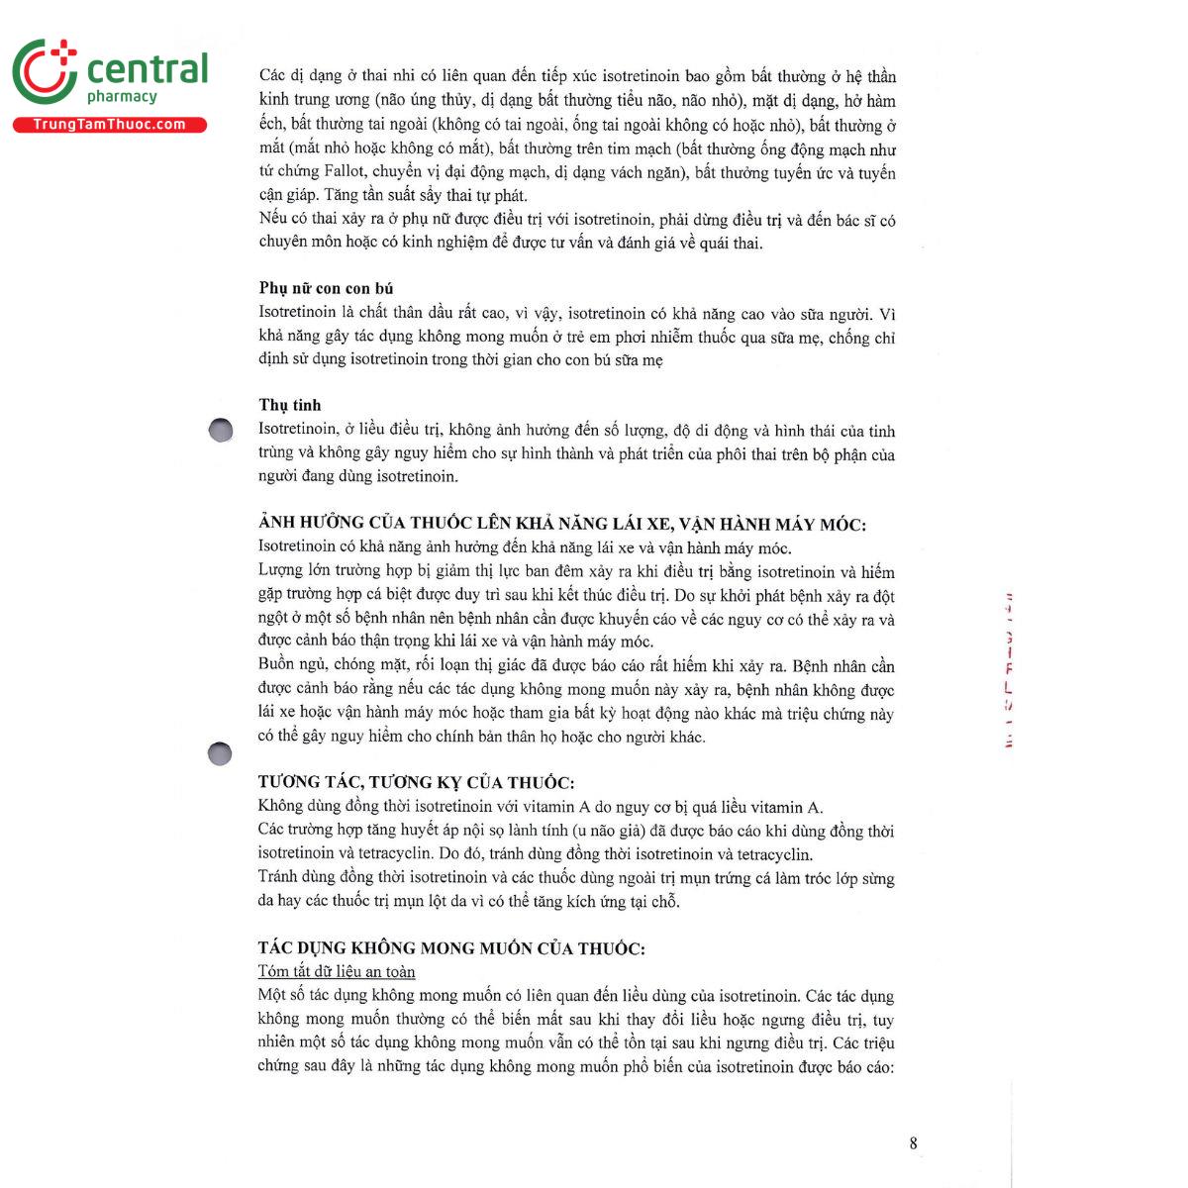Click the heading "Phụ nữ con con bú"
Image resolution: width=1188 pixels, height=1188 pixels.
pyautogui.click(x=327, y=288)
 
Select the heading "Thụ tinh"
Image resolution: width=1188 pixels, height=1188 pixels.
pyautogui.click(x=290, y=405)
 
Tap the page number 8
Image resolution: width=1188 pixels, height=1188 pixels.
pyautogui.click(x=913, y=1143)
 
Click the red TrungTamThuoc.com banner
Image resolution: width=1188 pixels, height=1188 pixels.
pyautogui.click(x=109, y=125)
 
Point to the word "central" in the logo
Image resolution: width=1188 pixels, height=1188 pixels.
pyautogui.click(x=148, y=69)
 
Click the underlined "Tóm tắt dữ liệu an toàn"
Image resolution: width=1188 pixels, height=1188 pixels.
pyautogui.click(x=337, y=972)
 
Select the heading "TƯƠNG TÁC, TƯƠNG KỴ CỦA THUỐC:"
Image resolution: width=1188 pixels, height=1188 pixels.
pyautogui.click(x=416, y=782)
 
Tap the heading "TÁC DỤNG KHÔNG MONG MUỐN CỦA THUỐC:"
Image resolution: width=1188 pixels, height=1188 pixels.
pyautogui.click(x=451, y=948)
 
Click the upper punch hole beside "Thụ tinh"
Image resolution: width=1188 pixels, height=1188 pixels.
pyautogui.click(x=221, y=429)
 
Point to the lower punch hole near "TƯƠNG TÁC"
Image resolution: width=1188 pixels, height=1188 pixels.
pyautogui.click(x=220, y=754)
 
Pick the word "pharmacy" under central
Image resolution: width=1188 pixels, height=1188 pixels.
pyautogui.click(x=122, y=97)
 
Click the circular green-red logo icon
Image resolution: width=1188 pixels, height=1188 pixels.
pyautogui.click(x=45, y=71)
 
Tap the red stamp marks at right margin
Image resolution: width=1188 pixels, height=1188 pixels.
pyautogui.click(x=1009, y=669)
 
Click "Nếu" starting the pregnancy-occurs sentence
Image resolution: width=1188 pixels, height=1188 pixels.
pyautogui.click(x=273, y=219)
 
